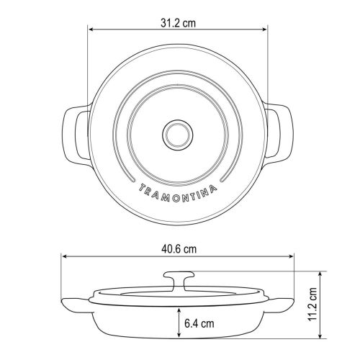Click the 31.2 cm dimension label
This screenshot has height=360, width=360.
[178, 23]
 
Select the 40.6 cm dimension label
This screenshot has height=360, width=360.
[179, 249]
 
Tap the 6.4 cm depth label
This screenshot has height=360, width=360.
[199, 323]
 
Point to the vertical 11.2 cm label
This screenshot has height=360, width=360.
[312, 304]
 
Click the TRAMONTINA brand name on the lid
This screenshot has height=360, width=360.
[178, 194]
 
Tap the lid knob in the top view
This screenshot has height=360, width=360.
[178, 135]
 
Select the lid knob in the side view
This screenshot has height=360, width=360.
[179, 282]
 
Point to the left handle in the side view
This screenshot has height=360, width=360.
[76, 305]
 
